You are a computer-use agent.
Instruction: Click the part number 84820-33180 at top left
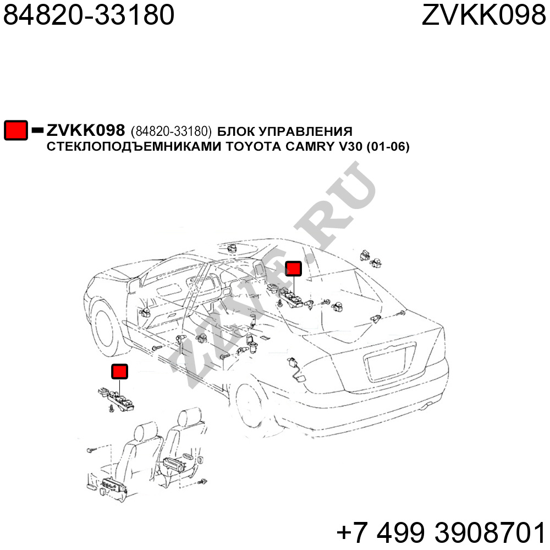[89, 15]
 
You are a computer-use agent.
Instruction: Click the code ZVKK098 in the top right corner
[483, 15]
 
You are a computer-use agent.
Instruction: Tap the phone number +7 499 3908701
[441, 532]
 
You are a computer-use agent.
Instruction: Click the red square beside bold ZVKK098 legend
[16, 130]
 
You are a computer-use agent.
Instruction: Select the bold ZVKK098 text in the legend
[86, 130]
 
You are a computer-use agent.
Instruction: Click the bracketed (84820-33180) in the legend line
[171, 131]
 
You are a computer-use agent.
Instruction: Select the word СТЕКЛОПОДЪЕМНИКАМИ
[134, 146]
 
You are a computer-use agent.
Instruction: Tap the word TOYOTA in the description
[253, 146]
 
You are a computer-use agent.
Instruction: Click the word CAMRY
[310, 146]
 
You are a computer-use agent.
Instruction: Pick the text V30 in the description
[350, 146]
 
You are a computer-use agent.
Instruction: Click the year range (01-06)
[388, 146]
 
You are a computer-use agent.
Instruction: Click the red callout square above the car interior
[293, 269]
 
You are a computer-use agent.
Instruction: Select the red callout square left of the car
[119, 371]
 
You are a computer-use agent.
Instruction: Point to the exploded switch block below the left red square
[117, 399]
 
